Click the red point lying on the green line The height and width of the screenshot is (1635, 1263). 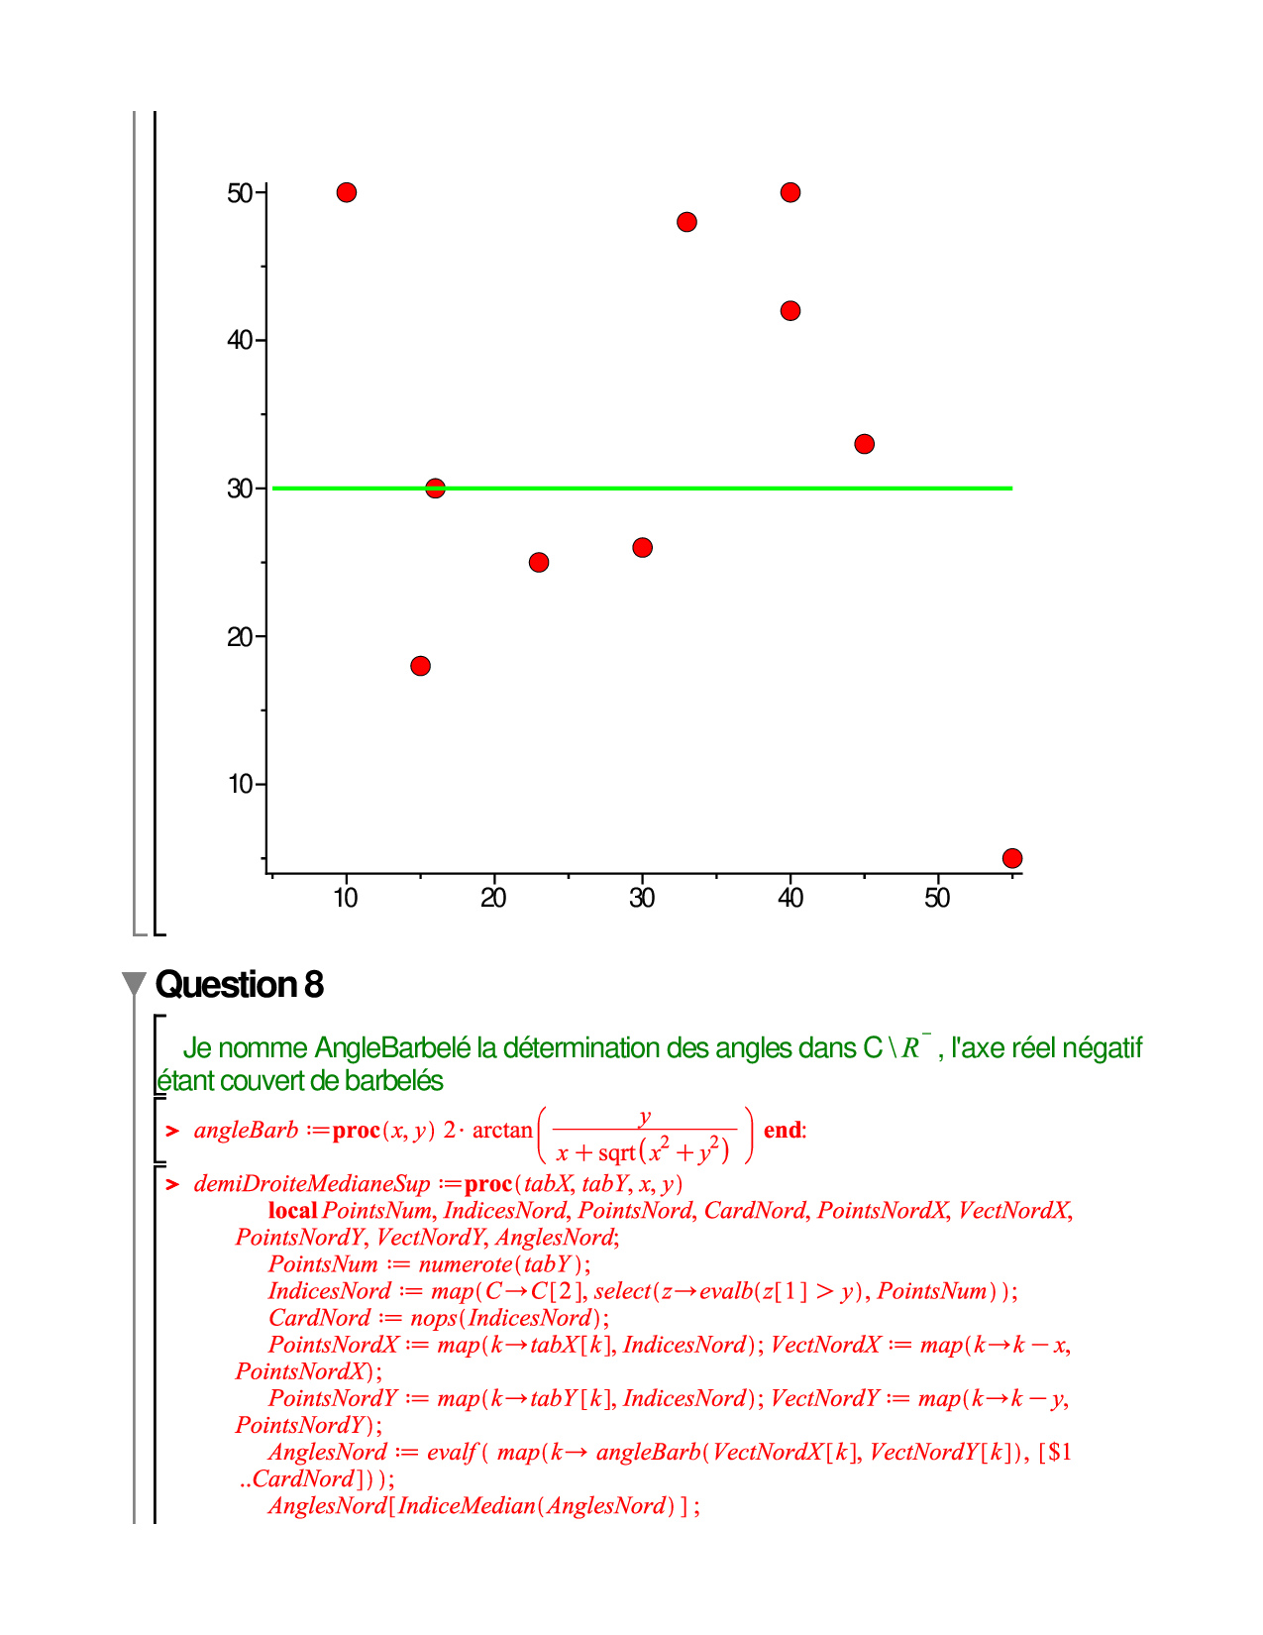[x=435, y=489]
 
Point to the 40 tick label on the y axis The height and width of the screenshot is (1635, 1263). [x=240, y=341]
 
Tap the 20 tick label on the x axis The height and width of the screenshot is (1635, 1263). [x=493, y=899]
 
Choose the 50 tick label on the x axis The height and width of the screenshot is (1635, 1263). [x=937, y=899]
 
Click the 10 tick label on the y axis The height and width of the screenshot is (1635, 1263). [x=241, y=785]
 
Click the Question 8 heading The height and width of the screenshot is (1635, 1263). [x=240, y=985]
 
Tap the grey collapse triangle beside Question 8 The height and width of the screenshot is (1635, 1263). [x=134, y=984]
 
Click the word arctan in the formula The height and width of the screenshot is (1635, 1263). [x=502, y=1131]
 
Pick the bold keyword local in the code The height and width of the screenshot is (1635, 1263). [x=292, y=1211]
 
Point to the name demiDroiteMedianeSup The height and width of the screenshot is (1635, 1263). [x=312, y=1184]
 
